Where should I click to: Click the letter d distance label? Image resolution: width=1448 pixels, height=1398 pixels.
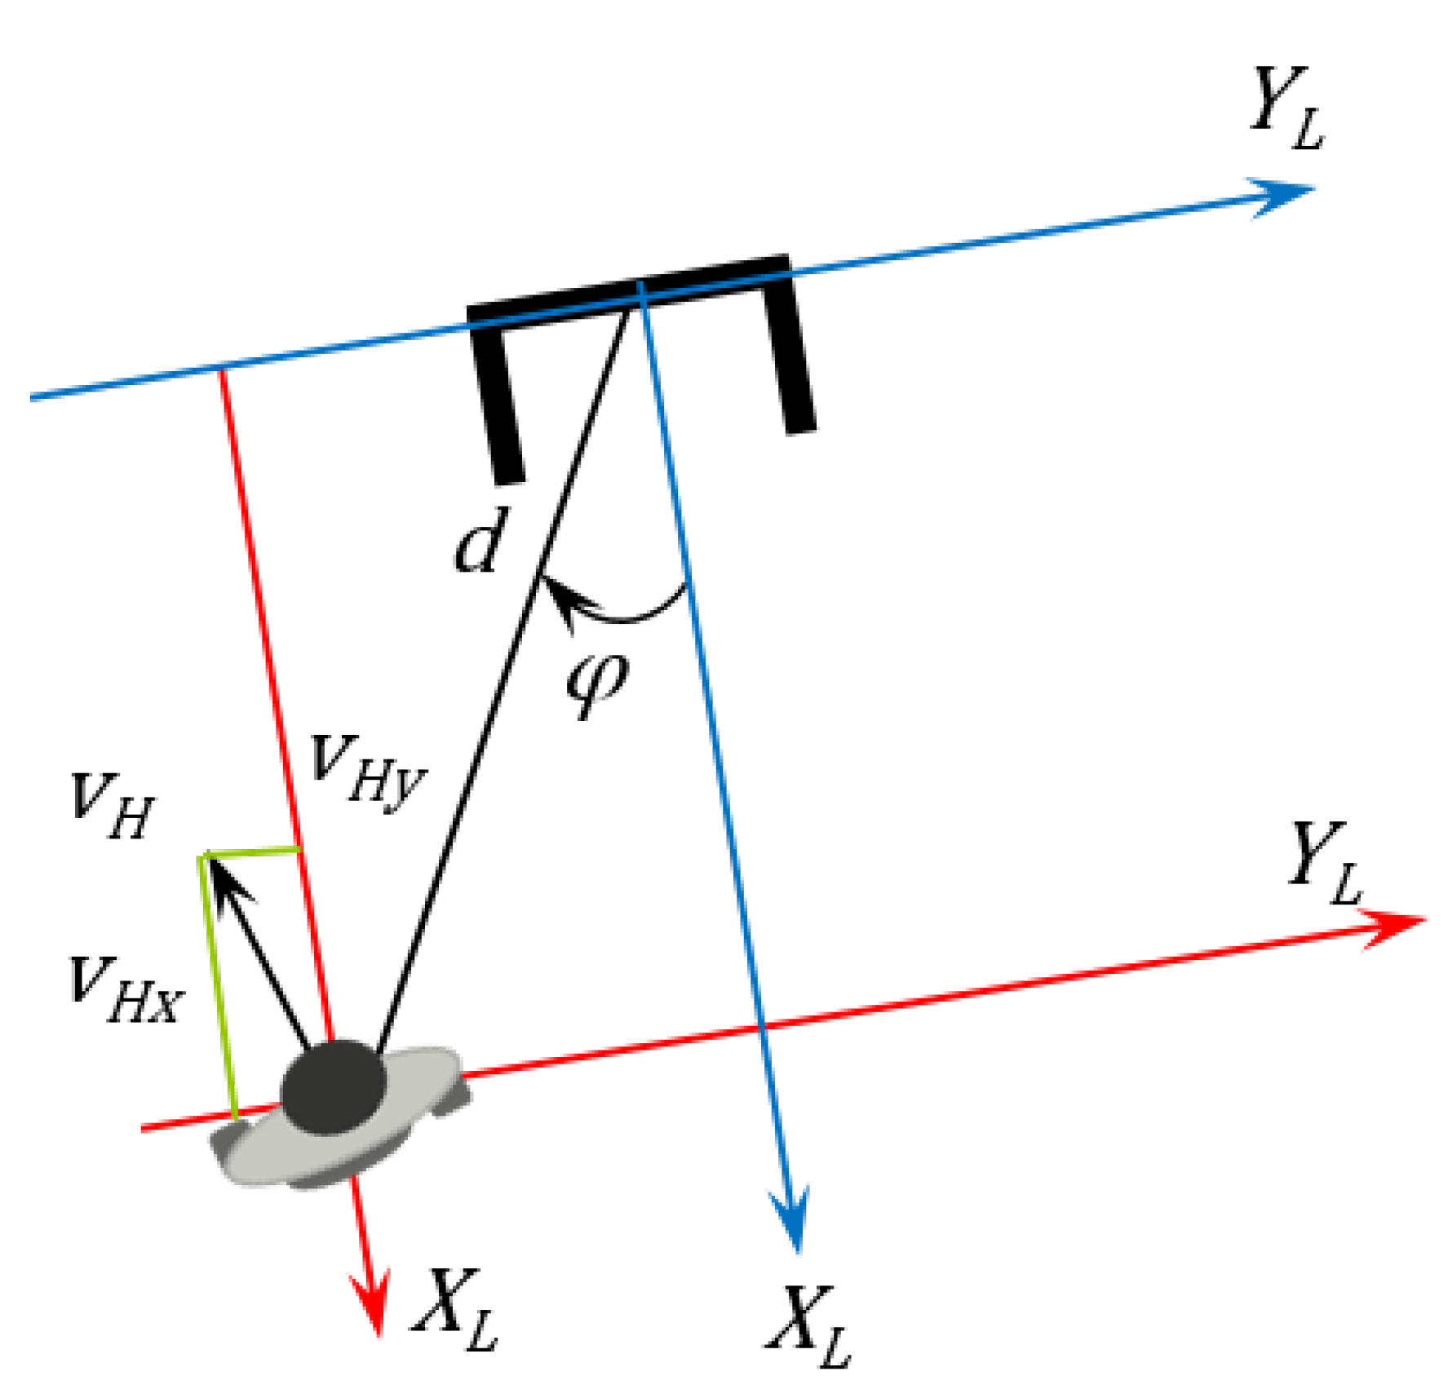click(x=482, y=539)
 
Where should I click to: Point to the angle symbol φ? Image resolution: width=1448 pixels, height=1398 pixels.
click(x=597, y=682)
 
